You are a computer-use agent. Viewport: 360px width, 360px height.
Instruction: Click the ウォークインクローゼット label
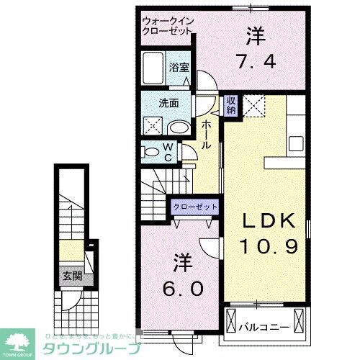pyautogui.click(x=168, y=26)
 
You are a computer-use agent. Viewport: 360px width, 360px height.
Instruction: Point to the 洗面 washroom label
pyautogui.click(x=168, y=102)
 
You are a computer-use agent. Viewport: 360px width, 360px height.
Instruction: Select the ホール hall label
pyautogui.click(x=206, y=135)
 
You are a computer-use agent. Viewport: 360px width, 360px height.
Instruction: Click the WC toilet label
pyautogui.click(x=168, y=153)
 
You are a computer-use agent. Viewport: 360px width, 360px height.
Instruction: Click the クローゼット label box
pyautogui.click(x=195, y=207)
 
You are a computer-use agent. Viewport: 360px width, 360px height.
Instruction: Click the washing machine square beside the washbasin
pyautogui.click(x=153, y=126)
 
